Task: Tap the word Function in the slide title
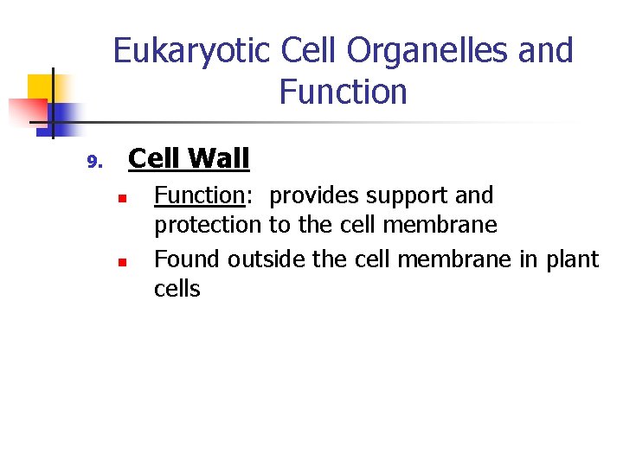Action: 343,92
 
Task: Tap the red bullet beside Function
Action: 123,199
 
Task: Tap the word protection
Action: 207,226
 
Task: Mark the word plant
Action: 571,259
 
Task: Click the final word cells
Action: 177,289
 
